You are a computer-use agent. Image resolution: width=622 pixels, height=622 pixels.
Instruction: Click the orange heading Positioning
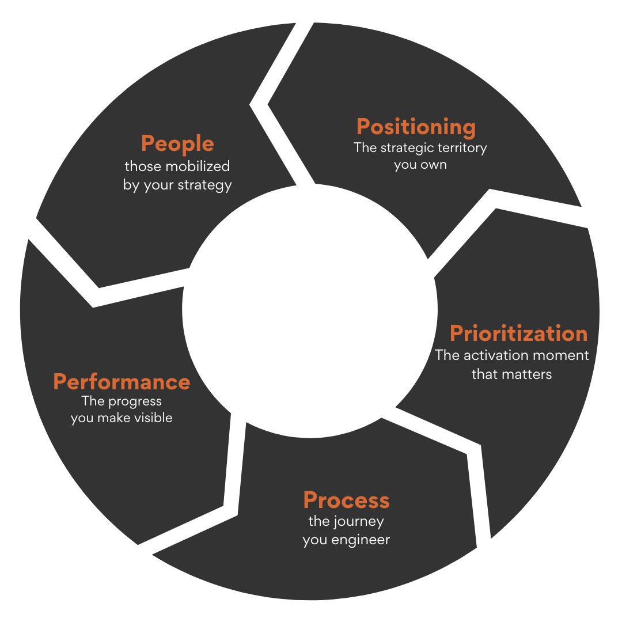coord(416,127)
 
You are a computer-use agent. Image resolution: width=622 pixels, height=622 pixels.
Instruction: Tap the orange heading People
coord(177,144)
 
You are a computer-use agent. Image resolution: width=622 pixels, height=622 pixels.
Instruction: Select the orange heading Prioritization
coord(518,333)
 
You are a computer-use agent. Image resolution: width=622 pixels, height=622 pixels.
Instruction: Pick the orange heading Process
coord(346,500)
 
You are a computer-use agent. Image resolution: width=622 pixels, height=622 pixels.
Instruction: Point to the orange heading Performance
coord(122,382)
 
